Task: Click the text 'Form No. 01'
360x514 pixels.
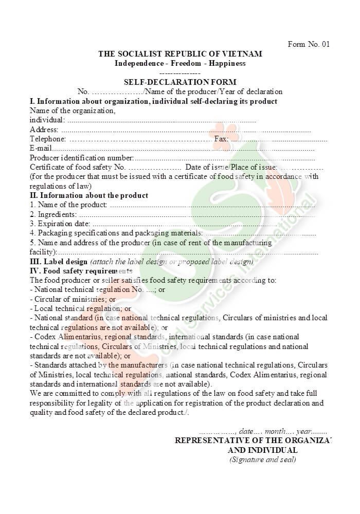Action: (309, 44)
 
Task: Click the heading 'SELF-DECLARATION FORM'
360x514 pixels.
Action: (180, 82)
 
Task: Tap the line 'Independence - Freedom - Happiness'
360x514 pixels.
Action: (180, 63)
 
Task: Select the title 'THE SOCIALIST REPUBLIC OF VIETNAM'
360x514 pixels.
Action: (180, 54)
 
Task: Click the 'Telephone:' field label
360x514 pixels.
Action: (48, 139)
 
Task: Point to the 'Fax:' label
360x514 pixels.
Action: (221, 139)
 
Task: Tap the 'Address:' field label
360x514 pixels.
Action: (44, 130)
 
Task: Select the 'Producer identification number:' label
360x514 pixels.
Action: (82, 158)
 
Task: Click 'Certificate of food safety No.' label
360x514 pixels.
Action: (78, 167)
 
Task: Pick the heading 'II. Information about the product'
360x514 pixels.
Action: (89, 195)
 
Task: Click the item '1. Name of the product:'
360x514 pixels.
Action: (68, 205)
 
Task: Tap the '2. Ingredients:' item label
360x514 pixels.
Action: (53, 214)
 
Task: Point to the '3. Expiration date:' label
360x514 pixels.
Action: (60, 224)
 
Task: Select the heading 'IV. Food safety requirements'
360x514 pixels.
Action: (81, 271)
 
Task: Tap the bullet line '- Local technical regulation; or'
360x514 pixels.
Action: (81, 308)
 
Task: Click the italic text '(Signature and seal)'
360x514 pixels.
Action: (262, 459)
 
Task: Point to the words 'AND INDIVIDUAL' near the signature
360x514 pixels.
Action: (262, 450)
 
